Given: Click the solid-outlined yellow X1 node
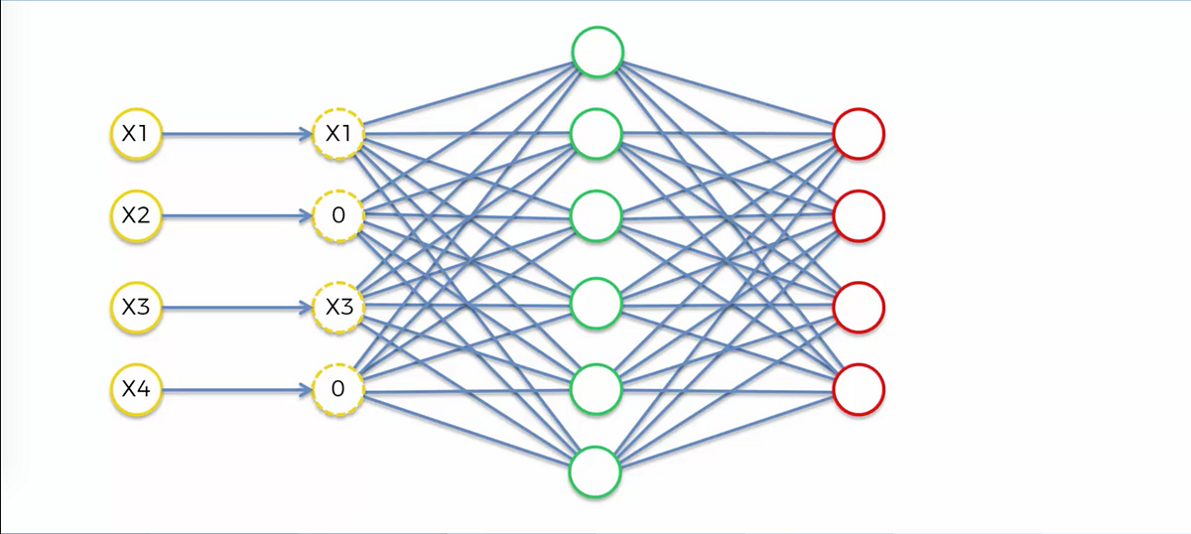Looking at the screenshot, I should [x=135, y=133].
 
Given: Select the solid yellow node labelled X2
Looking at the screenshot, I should [x=135, y=215].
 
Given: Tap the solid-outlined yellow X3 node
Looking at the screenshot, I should [x=135, y=308].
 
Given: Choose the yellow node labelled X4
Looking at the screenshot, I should [x=135, y=390].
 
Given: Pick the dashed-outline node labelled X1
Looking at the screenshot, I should [x=338, y=133].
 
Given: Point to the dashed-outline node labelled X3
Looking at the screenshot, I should [x=338, y=308].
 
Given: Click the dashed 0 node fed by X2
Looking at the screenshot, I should [x=338, y=215].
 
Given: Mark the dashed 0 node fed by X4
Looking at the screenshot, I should [x=338, y=390].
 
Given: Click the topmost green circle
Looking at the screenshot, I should [x=596, y=51].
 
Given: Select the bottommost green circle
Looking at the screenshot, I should [x=595, y=469].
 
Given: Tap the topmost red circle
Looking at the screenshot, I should [x=859, y=133].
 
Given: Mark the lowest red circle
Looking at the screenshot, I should [x=859, y=390].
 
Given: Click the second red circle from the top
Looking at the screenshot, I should [x=859, y=216].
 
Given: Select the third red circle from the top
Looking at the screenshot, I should [x=859, y=308].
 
